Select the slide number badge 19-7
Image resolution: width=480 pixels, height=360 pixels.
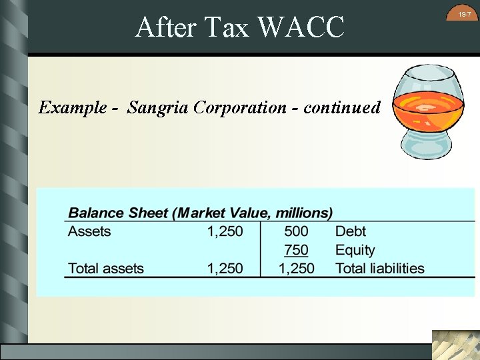coord(464,14)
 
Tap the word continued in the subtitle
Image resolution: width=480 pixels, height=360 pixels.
coord(342,107)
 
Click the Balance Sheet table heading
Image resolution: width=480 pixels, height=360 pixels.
coord(201,213)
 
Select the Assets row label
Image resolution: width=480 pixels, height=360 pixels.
coord(89,231)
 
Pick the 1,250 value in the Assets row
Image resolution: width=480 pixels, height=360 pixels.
coord(225,231)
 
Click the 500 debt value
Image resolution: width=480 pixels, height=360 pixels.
coord(296,231)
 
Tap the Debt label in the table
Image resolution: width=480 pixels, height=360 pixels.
coord(351,231)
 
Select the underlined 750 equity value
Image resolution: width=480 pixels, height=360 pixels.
coord(296,250)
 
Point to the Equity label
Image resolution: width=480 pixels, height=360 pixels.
coord(355,250)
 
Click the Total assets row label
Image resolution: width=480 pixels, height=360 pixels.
coord(106,269)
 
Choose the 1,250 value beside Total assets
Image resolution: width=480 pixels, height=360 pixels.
coord(225,269)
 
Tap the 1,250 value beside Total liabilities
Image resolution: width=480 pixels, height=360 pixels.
coord(296,269)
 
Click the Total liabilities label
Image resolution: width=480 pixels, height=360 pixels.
coord(379,269)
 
